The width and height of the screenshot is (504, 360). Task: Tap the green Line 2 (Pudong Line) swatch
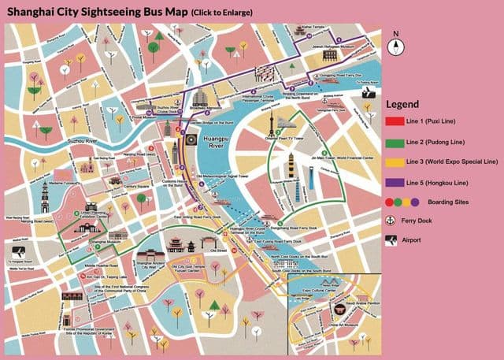[x=394, y=143]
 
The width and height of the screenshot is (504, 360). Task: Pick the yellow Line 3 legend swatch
[x=394, y=161]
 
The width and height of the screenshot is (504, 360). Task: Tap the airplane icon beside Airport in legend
[x=391, y=239]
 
